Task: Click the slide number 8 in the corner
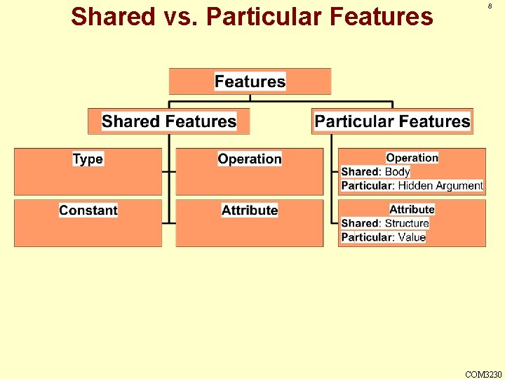coord(490,6)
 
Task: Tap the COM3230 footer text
coord(483,374)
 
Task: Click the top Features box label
coord(250,81)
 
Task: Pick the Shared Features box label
coord(169,121)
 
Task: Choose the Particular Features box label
coord(392,121)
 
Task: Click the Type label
coord(88,159)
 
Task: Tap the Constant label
coord(88,210)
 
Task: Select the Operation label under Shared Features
coord(250,159)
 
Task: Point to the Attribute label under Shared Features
coord(250,210)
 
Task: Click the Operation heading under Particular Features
coord(412,158)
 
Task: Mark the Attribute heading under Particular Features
coord(412,209)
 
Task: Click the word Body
coord(398,172)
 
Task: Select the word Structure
coord(407,223)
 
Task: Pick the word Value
coord(412,237)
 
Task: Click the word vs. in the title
coord(184,16)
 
